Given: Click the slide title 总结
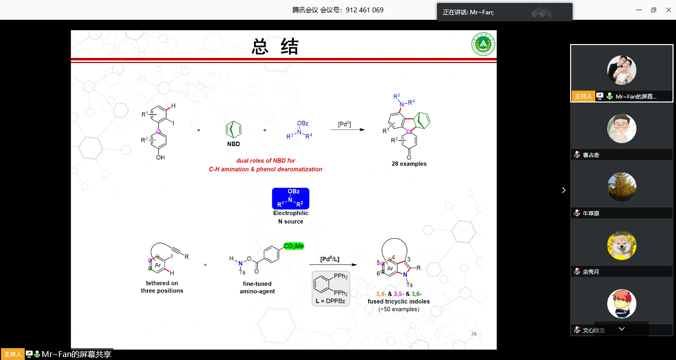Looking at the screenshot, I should (275, 47).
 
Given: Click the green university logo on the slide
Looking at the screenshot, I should (483, 46).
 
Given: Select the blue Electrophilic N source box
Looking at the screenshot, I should (290, 198).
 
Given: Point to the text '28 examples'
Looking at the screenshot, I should (409, 164).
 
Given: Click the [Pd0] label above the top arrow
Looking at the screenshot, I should (345, 124).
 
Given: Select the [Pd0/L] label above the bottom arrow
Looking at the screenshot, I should (330, 259).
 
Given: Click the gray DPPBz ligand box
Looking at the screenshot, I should (331, 288).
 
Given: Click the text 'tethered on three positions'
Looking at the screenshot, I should (162, 287).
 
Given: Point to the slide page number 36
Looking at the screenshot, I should (474, 334).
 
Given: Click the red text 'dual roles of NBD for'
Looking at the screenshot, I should (266, 161).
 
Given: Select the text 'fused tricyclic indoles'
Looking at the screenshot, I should (398, 301).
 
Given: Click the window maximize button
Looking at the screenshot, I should (653, 10).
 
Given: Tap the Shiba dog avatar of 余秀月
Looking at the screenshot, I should (622, 245).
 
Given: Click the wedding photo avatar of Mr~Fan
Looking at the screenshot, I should (622, 70).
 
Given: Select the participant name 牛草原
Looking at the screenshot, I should (591, 213).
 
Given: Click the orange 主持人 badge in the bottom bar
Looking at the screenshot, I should (12, 354).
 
